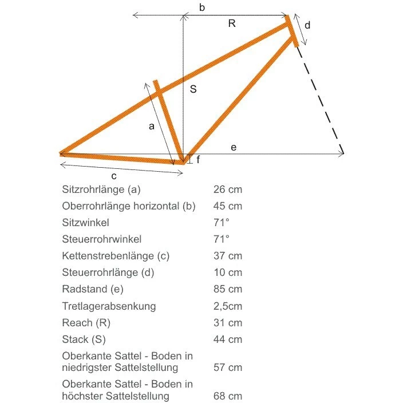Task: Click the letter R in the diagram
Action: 232,23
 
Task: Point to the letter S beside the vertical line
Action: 193,89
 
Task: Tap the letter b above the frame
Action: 202,7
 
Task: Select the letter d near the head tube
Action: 307,25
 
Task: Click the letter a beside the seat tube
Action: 152,127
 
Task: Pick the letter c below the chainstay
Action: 114,175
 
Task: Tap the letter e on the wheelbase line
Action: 234,148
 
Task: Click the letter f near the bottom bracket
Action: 198,160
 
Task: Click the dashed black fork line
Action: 321,100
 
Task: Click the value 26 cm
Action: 228,189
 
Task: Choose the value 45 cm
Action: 228,206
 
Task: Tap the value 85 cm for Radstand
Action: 228,289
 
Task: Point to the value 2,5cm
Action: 227,306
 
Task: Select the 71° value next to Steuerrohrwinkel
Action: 221,239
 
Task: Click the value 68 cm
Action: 228,396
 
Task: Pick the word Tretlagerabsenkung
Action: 109,306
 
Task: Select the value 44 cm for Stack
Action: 228,339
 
